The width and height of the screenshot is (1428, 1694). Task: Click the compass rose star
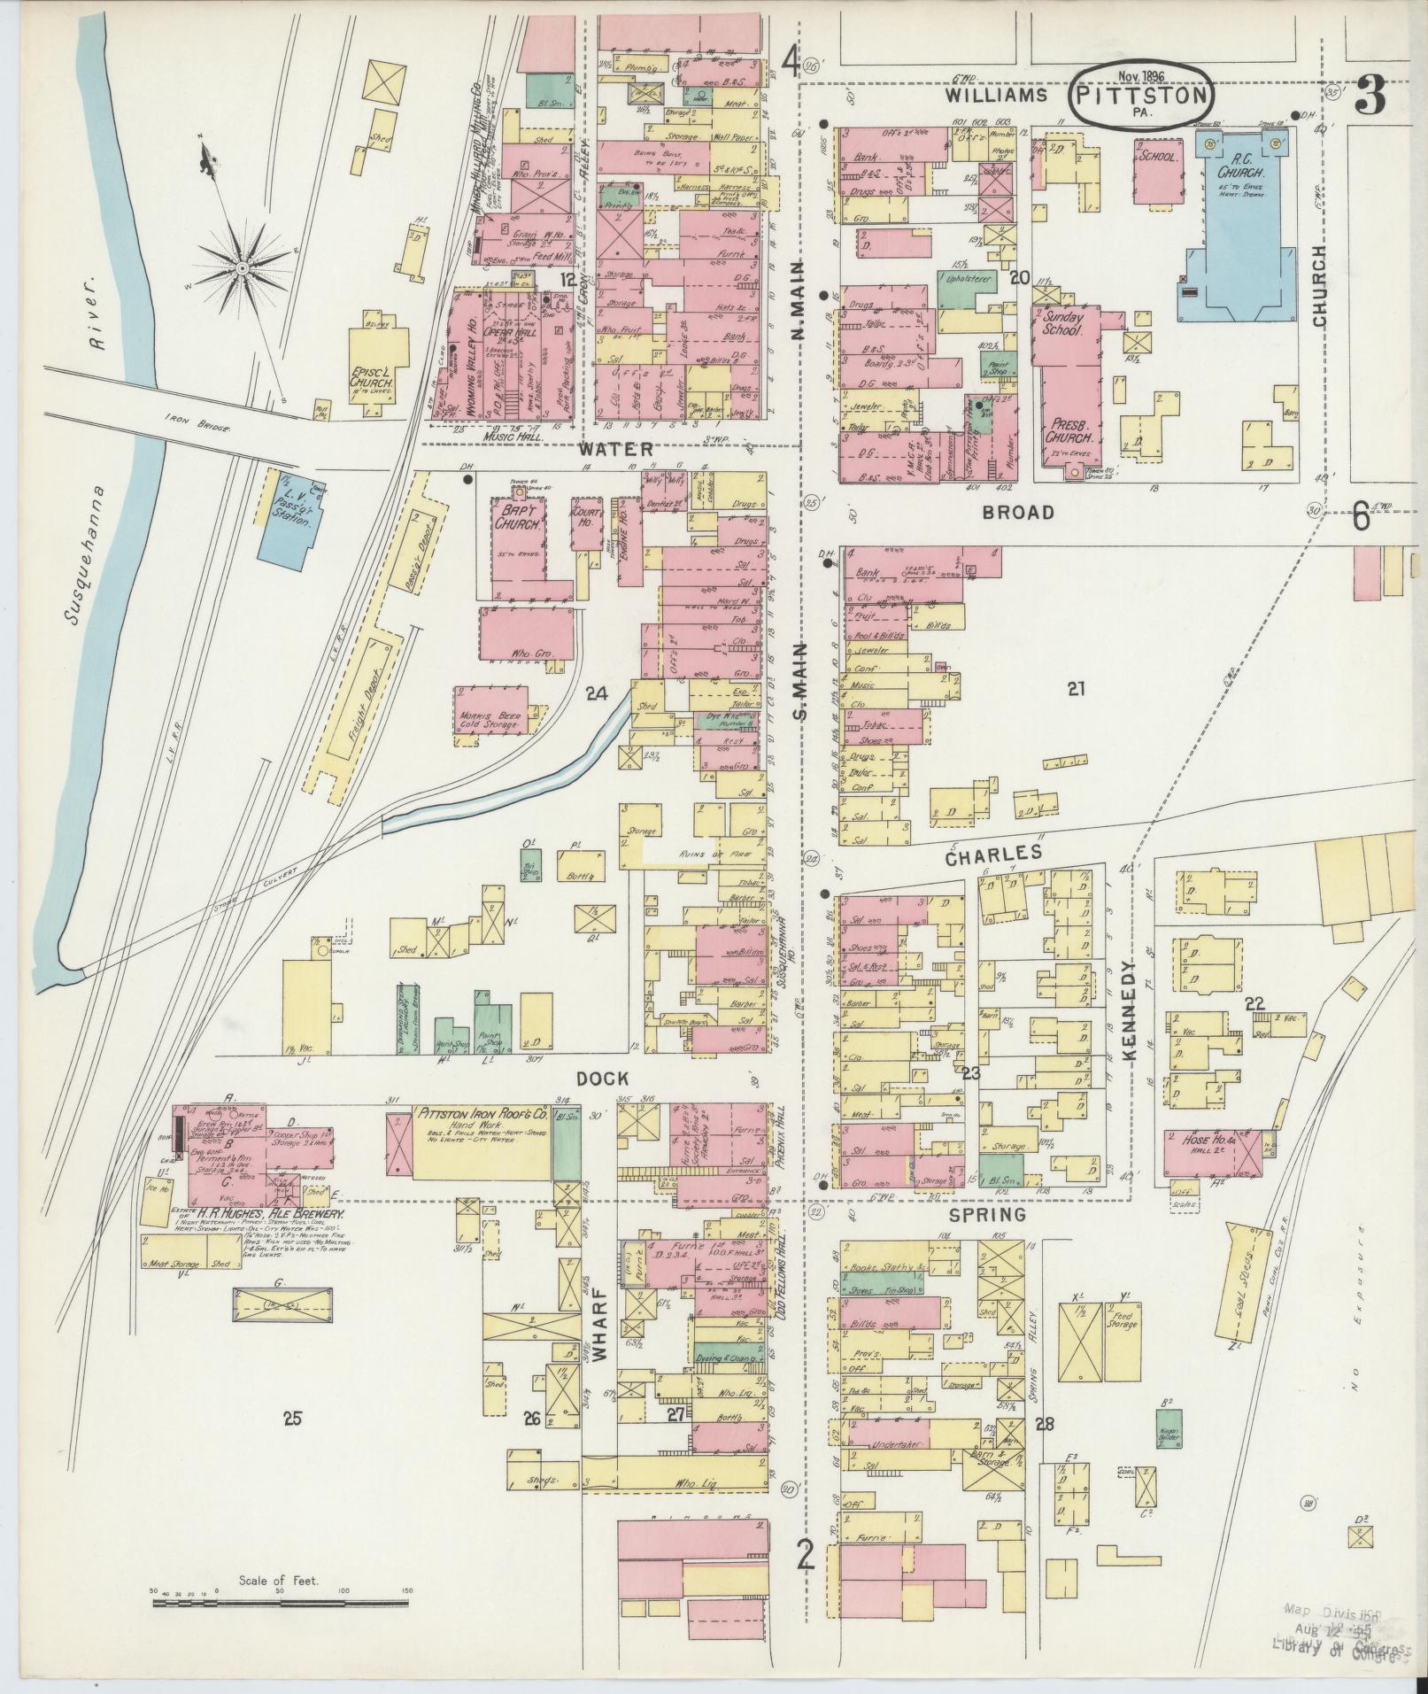[241, 266]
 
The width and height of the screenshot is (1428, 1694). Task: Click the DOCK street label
[602, 1078]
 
